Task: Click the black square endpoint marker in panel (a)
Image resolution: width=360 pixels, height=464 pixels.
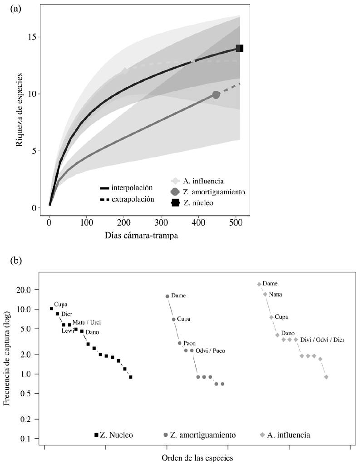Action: [239, 48]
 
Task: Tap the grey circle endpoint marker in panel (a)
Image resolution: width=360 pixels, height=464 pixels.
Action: [216, 94]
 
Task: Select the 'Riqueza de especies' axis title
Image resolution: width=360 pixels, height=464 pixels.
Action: [20, 109]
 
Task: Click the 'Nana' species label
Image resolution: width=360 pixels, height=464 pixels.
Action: [275, 294]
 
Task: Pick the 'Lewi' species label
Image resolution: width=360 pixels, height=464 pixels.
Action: [68, 331]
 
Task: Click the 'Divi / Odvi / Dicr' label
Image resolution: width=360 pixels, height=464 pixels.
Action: [322, 339]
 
